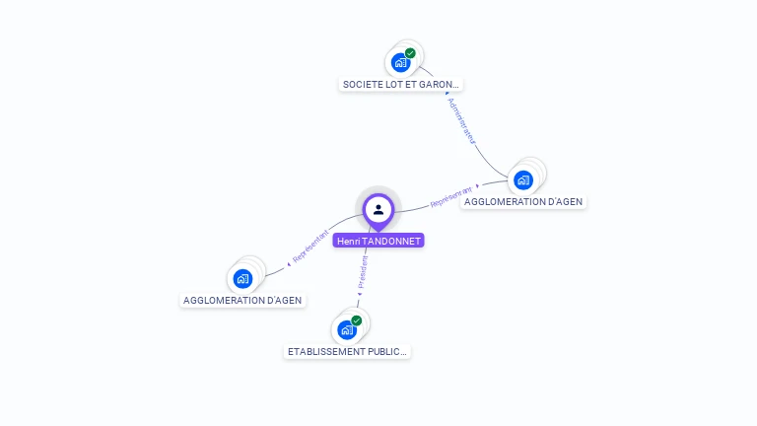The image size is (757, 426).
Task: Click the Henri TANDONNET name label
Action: [378, 241]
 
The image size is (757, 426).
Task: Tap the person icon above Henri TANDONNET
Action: [378, 209]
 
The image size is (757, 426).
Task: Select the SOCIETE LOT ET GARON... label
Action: [400, 85]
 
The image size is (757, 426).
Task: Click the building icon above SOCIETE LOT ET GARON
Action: [400, 62]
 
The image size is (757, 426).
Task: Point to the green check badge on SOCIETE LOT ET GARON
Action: [410, 53]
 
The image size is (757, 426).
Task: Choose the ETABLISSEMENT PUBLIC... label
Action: [347, 351]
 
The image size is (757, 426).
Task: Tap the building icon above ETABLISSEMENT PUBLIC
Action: [346, 329]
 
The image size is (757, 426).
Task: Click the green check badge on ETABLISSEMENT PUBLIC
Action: [356, 320]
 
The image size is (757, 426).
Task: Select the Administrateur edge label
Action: [460, 120]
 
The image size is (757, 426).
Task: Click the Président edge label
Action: [363, 273]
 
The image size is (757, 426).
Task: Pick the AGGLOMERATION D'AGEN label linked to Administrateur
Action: [523, 201]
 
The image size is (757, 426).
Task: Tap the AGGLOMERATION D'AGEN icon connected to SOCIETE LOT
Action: [523, 179]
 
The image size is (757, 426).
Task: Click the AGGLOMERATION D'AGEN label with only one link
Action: [242, 300]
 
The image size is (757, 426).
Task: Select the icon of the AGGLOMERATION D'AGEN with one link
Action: [242, 278]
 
